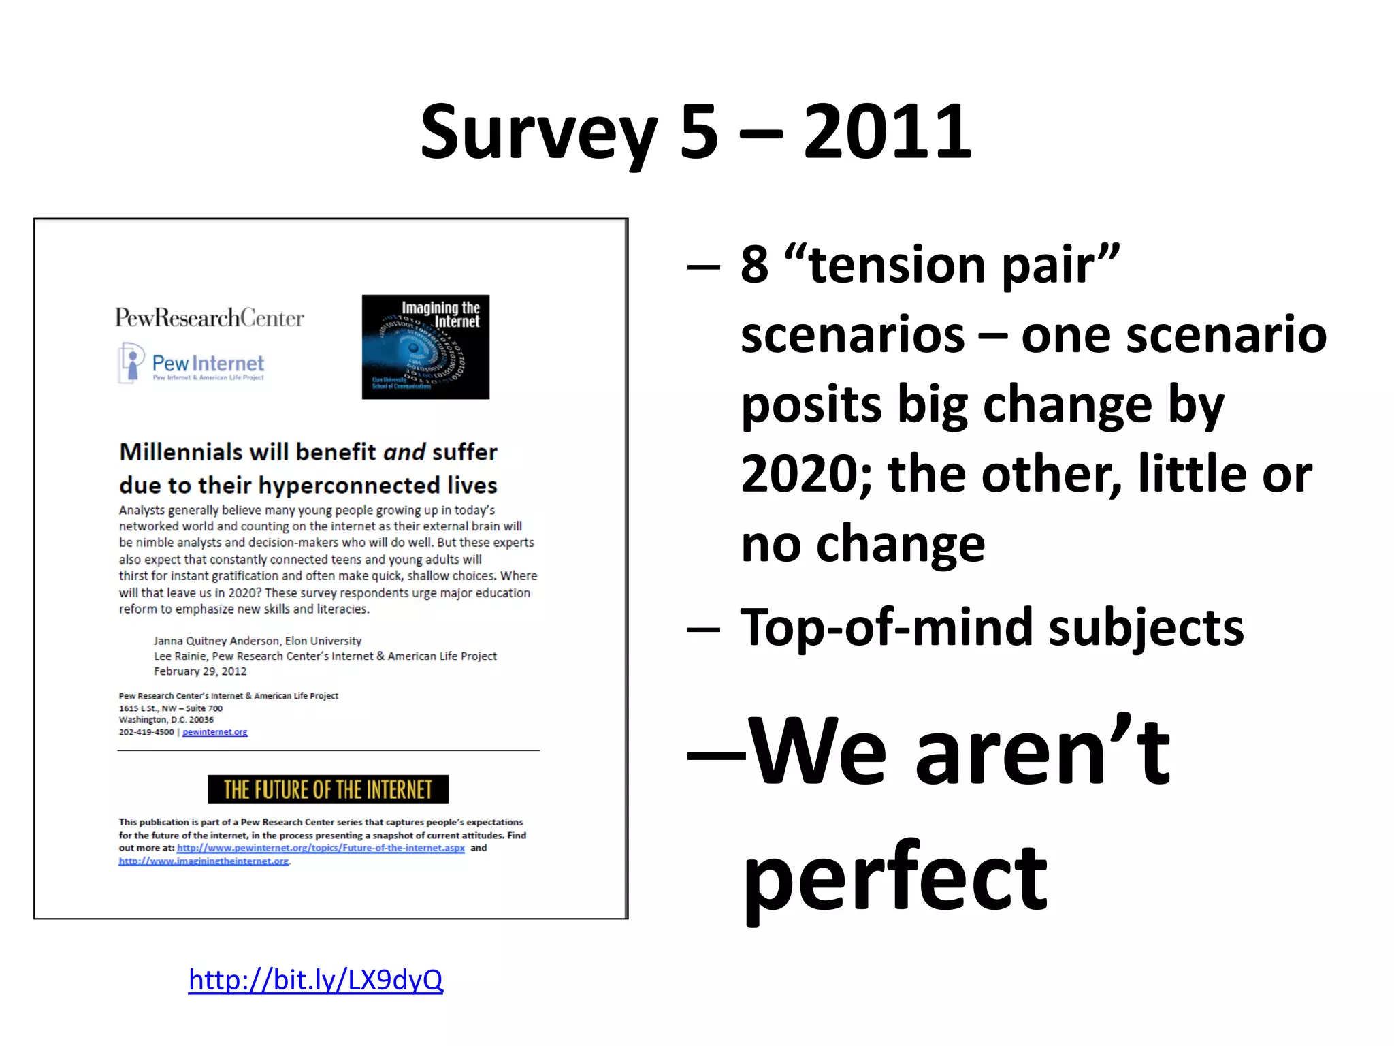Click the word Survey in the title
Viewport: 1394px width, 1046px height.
538,133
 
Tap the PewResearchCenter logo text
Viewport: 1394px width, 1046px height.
210,317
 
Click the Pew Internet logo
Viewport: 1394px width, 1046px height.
192,364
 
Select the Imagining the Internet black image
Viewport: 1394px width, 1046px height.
425,347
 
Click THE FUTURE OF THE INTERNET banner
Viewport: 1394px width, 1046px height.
327,789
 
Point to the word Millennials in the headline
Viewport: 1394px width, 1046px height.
180,451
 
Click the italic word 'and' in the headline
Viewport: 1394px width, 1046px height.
404,451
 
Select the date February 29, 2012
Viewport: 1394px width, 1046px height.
200,671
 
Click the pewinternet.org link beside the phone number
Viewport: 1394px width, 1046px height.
215,732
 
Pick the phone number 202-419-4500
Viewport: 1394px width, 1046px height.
146,732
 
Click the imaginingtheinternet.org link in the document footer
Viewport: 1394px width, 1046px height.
204,861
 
